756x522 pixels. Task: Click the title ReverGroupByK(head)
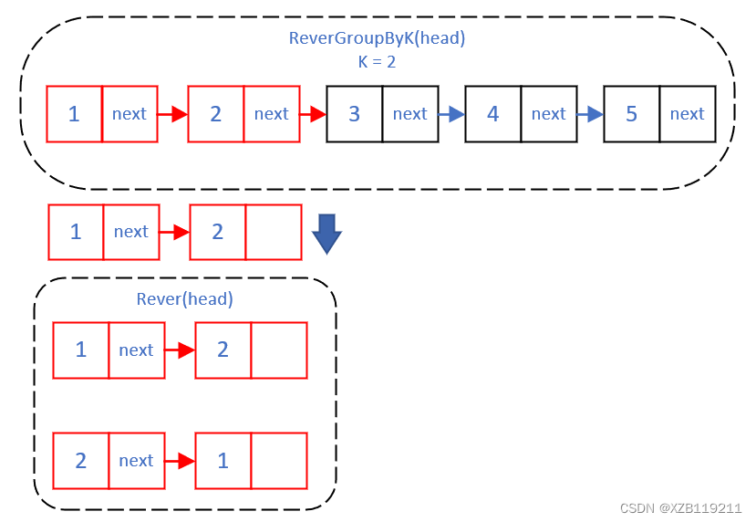pyautogui.click(x=377, y=38)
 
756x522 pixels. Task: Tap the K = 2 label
pyautogui.click(x=377, y=62)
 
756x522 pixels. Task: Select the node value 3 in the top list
pyautogui.click(x=355, y=114)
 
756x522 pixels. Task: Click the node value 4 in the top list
pyautogui.click(x=493, y=114)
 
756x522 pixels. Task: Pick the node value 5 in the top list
pyautogui.click(x=632, y=114)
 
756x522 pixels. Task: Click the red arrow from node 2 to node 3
pyautogui.click(x=313, y=114)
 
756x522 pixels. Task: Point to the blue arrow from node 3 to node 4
pyautogui.click(x=451, y=114)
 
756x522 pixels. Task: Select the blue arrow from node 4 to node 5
pyautogui.click(x=590, y=114)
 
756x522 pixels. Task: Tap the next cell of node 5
pyautogui.click(x=687, y=114)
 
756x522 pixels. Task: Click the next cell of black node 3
pyautogui.click(x=409, y=114)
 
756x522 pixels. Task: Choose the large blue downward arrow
pyautogui.click(x=326, y=235)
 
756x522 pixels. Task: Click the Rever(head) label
pyautogui.click(x=185, y=298)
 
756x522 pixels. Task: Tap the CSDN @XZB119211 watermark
pyautogui.click(x=680, y=507)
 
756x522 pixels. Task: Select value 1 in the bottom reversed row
pyautogui.click(x=223, y=460)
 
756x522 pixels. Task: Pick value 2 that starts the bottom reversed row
pyautogui.click(x=81, y=460)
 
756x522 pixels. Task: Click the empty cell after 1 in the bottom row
pyautogui.click(x=279, y=460)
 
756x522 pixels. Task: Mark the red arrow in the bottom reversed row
pyautogui.click(x=180, y=460)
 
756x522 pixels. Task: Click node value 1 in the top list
pyautogui.click(x=74, y=114)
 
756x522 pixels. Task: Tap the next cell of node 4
pyautogui.click(x=548, y=114)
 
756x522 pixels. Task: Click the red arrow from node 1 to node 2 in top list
pyautogui.click(x=172, y=114)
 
